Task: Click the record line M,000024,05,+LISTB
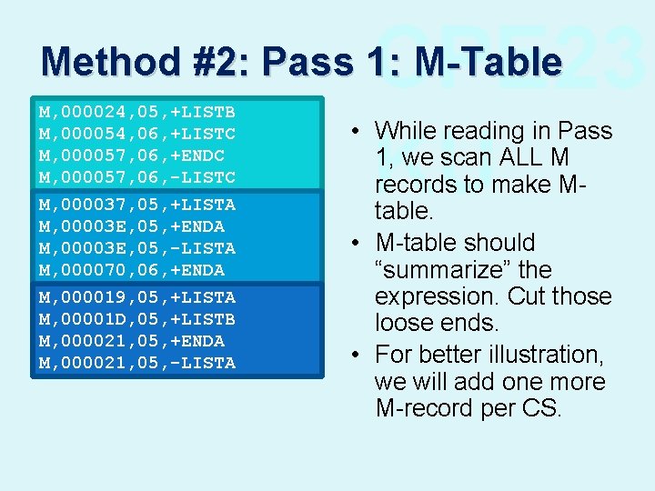(136, 112)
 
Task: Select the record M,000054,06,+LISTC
(136, 134)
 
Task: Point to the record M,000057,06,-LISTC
(136, 177)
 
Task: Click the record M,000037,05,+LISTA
(136, 205)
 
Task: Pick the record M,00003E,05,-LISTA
(136, 248)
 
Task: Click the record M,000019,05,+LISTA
(136, 297)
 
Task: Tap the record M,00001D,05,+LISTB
(136, 319)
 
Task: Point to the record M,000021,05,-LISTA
(136, 363)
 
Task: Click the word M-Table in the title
(487, 62)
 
